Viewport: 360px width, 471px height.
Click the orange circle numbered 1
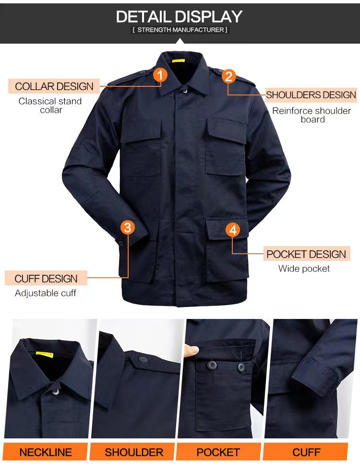(160, 75)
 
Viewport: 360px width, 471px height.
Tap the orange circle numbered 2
(228, 76)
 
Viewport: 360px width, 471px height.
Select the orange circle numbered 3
(127, 227)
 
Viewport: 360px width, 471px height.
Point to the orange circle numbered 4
(233, 230)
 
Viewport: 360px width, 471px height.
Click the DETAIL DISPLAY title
(180, 16)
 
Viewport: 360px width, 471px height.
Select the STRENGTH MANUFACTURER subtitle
(180, 30)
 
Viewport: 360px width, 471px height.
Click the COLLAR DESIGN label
(54, 86)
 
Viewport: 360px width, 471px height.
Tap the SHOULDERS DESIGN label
(311, 95)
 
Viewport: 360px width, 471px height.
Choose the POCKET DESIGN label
(307, 254)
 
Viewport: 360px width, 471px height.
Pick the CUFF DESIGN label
(46, 279)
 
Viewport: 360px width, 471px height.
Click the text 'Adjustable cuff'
(46, 293)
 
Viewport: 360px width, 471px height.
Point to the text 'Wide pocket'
(304, 269)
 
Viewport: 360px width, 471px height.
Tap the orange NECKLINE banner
(46, 452)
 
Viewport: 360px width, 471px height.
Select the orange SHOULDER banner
(133, 452)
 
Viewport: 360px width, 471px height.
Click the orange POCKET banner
(218, 452)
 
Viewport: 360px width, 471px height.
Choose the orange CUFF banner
(306, 452)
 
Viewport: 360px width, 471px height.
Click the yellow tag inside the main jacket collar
(178, 61)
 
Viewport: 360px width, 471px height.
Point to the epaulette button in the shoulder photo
(143, 359)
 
